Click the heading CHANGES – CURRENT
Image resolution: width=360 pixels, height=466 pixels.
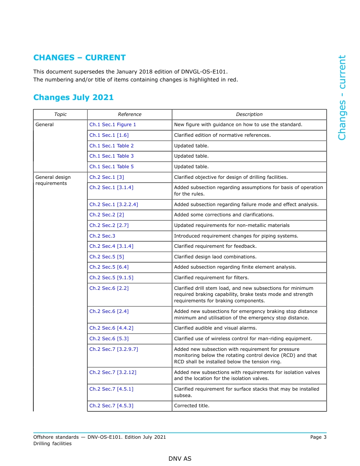[x=79, y=58]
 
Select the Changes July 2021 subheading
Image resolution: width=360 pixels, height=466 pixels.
[x=74, y=97]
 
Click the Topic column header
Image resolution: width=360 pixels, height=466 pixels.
[x=60, y=114]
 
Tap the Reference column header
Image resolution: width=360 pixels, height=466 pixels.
[x=130, y=114]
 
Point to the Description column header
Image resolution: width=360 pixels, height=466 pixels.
[x=249, y=114]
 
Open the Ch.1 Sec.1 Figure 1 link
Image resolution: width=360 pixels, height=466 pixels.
[x=113, y=125]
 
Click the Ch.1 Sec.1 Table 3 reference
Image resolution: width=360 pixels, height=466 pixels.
[x=111, y=156]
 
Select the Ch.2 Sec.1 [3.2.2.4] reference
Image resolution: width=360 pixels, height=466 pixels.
[x=114, y=205]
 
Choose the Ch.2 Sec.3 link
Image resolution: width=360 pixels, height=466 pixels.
[x=102, y=236]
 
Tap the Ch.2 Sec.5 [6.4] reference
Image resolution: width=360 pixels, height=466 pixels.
[x=109, y=267]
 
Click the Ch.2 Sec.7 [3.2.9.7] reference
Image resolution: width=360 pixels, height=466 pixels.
[x=114, y=349]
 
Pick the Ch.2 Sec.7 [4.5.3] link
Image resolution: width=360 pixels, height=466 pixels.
[x=111, y=406]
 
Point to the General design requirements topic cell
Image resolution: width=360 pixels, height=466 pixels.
[x=53, y=180]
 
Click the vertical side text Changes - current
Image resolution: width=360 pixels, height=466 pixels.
[x=342, y=98]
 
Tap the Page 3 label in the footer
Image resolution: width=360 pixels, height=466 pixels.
[x=318, y=437]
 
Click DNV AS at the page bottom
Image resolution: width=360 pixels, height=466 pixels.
[x=180, y=459]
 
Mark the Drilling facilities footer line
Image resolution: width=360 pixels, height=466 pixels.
[x=52, y=444]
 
